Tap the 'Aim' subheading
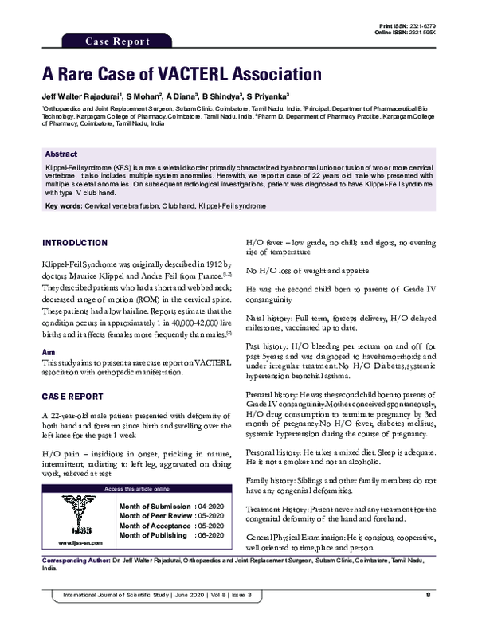point(48,351)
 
